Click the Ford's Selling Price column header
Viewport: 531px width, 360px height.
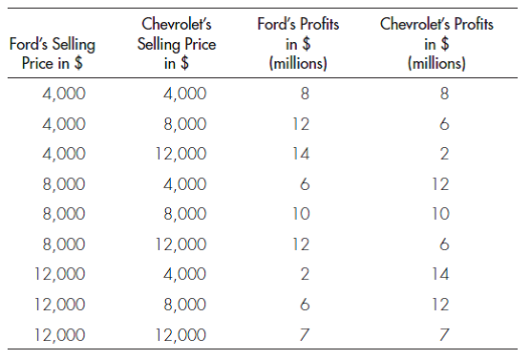[x=52, y=53]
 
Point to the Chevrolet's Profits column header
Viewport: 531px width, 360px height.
[x=435, y=45]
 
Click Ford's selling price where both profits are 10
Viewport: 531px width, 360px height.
[x=63, y=214]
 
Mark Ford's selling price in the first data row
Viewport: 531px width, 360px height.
[x=63, y=94]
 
